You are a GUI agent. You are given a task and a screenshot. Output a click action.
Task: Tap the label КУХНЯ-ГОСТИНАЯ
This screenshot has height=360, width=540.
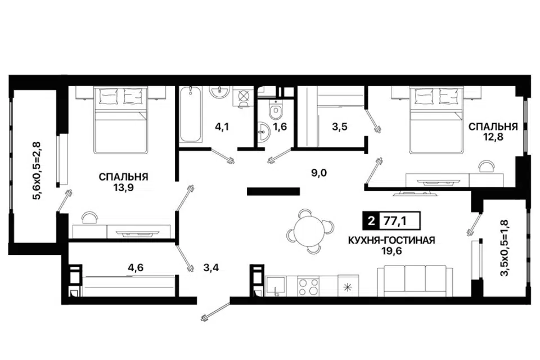(390, 241)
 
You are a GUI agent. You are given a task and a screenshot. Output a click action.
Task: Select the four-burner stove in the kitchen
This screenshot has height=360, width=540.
(308, 286)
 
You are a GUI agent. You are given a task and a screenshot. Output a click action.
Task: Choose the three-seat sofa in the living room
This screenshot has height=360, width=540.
(415, 281)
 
